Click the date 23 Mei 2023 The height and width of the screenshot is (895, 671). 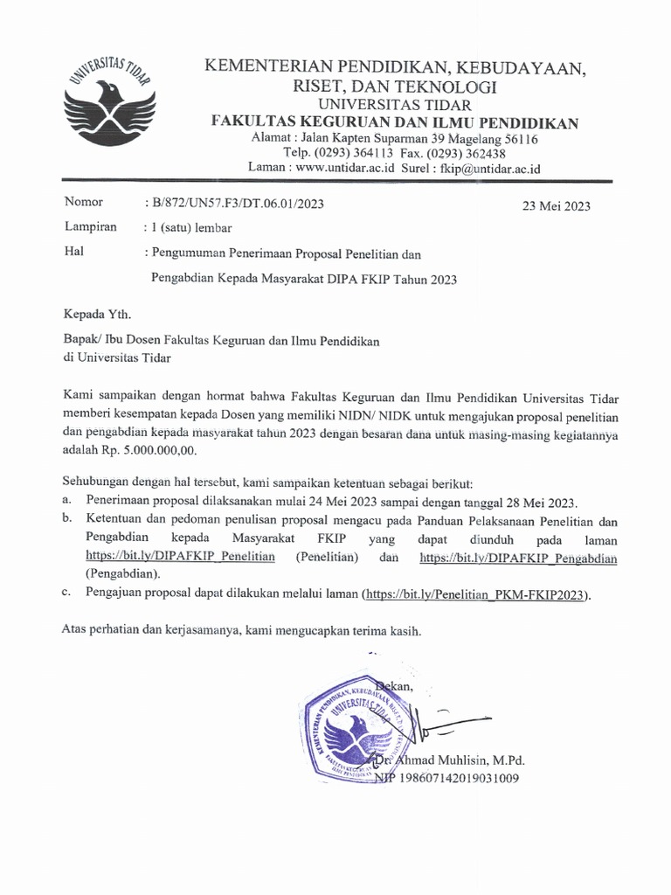pos(556,207)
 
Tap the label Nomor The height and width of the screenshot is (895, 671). pos(84,203)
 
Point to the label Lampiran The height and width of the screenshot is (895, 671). pos(91,227)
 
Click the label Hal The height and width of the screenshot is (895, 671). pos(74,253)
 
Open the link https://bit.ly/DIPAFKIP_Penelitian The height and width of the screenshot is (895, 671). pos(181,557)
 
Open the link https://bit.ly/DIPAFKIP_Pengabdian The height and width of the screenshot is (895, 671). pos(518,557)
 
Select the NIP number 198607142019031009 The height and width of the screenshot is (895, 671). pos(458,778)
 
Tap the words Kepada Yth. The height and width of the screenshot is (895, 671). pos(100,313)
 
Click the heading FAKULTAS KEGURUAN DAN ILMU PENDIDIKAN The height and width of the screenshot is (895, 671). pos(395,123)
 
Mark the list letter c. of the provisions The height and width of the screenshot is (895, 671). pos(67,593)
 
